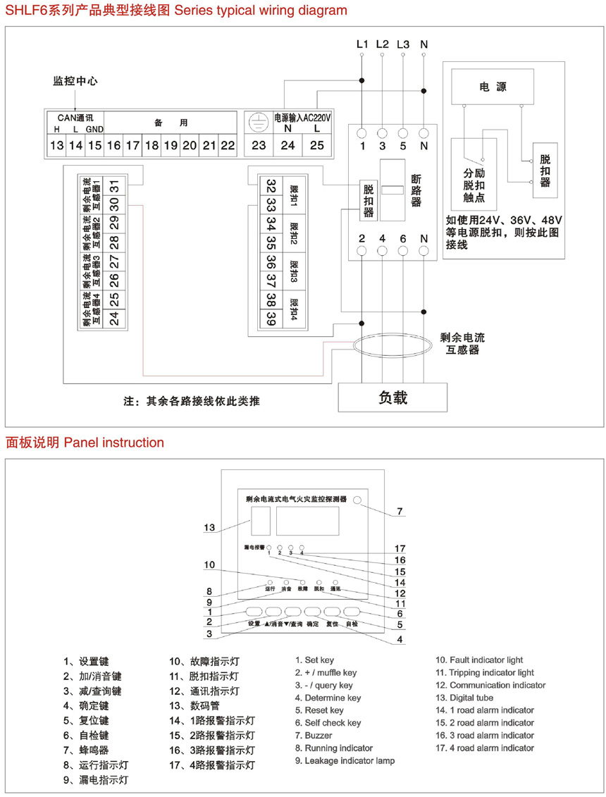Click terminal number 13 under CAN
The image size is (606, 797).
point(56,146)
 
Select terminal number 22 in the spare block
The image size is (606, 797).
point(227,146)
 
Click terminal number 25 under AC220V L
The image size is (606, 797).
point(317,146)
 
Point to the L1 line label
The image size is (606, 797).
point(362,44)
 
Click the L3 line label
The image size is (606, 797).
point(403,44)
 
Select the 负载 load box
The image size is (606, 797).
point(393,397)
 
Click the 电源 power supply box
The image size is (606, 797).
point(493,87)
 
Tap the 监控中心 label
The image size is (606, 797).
point(75,81)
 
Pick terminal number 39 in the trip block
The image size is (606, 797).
point(271,320)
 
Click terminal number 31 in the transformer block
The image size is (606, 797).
point(114,185)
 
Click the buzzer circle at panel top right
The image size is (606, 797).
point(358,500)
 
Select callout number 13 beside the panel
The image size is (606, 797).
point(209,527)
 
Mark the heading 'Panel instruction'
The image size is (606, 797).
point(113,443)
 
